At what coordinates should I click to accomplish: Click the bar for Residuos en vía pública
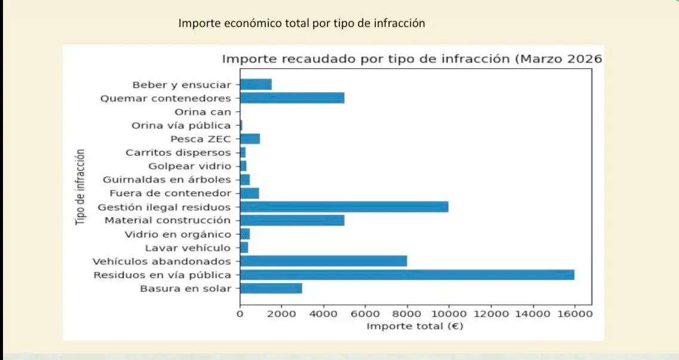[407, 274]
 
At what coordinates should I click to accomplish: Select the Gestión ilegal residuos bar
[344, 207]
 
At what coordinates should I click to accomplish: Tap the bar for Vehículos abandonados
[323, 261]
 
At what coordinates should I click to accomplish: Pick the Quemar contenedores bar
[292, 98]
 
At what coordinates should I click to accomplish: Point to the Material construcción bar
[292, 220]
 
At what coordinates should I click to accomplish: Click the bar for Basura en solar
[271, 288]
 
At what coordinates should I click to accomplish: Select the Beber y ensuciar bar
[256, 84]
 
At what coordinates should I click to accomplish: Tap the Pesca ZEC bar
[250, 139]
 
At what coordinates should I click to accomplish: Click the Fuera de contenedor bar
[249, 193]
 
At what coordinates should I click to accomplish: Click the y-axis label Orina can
[203, 112]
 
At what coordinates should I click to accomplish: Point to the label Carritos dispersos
[178, 152]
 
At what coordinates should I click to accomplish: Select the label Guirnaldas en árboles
[167, 179]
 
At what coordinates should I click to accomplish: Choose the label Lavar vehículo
[188, 248]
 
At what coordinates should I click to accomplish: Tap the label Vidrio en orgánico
[178, 234]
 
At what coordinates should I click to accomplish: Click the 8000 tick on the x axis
[407, 313]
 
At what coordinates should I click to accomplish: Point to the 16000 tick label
[574, 313]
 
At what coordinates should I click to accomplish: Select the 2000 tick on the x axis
[282, 313]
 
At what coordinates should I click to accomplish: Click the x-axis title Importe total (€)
[415, 326]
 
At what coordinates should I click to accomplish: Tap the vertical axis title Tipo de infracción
[81, 187]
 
